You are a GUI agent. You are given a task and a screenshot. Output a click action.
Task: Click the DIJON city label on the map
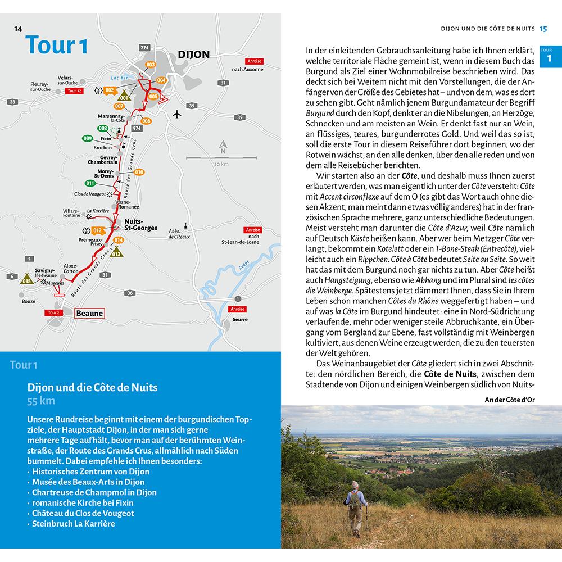(193, 55)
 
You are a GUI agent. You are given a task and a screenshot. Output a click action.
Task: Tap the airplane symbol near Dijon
(178, 115)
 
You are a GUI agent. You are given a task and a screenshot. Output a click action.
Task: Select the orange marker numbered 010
(139, 172)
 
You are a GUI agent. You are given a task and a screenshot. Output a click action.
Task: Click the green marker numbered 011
(90, 183)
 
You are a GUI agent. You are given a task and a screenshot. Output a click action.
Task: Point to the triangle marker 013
(116, 252)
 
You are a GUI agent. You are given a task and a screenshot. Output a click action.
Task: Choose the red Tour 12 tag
(74, 90)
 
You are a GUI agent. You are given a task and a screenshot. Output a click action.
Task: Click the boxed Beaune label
(89, 313)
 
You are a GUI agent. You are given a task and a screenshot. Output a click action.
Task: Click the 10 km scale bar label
(220, 164)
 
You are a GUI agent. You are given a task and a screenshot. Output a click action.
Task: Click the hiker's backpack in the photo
(353, 500)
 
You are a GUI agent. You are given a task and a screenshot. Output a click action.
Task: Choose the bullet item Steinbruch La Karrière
(73, 523)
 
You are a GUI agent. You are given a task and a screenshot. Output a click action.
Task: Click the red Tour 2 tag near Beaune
(54, 312)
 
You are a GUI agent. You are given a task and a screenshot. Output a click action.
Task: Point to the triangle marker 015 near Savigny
(26, 279)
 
